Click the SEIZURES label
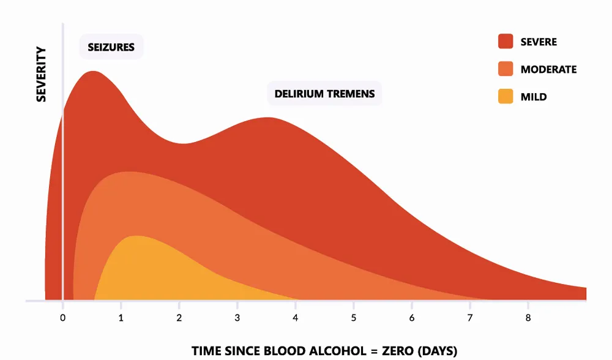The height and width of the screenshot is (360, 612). click(x=111, y=46)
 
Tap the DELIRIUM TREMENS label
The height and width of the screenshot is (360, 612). click(x=324, y=94)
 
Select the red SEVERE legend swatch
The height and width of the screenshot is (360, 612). click(x=505, y=42)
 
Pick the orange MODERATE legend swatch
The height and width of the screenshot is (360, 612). click(x=505, y=69)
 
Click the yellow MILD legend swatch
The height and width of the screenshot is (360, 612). click(x=505, y=96)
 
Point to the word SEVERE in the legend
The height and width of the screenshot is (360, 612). click(x=539, y=42)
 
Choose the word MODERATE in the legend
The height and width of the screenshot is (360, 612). click(x=548, y=69)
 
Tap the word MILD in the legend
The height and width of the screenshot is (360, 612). click(x=534, y=97)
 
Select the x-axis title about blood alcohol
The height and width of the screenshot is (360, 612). click(x=324, y=351)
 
